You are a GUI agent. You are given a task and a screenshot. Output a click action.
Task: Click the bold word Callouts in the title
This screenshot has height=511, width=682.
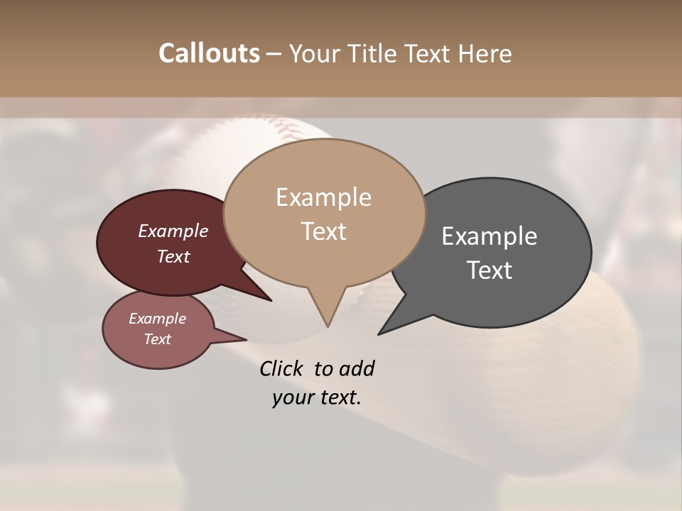(209, 53)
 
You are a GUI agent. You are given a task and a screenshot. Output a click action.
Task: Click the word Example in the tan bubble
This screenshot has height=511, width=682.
(323, 197)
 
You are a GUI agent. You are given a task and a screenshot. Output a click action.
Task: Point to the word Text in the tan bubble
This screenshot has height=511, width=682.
(323, 231)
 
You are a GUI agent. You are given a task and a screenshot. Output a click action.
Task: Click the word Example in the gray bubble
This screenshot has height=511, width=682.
(489, 236)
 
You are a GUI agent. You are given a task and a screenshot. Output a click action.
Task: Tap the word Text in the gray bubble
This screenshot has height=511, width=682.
(489, 270)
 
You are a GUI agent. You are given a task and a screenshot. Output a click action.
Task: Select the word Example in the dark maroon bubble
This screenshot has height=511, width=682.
(173, 231)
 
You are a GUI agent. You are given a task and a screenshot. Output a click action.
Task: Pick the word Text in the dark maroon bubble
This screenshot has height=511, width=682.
(173, 256)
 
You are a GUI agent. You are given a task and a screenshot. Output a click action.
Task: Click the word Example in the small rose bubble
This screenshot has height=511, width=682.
(157, 319)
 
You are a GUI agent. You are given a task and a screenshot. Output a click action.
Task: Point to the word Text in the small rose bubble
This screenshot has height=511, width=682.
(157, 339)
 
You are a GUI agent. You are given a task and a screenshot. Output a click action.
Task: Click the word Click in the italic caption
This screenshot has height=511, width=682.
(282, 368)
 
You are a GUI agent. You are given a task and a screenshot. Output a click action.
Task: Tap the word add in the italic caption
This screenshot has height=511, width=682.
(357, 368)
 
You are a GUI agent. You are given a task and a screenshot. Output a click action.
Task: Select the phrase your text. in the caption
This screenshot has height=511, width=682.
(317, 397)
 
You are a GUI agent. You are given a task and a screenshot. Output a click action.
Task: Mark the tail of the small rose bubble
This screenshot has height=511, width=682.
(239, 338)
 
